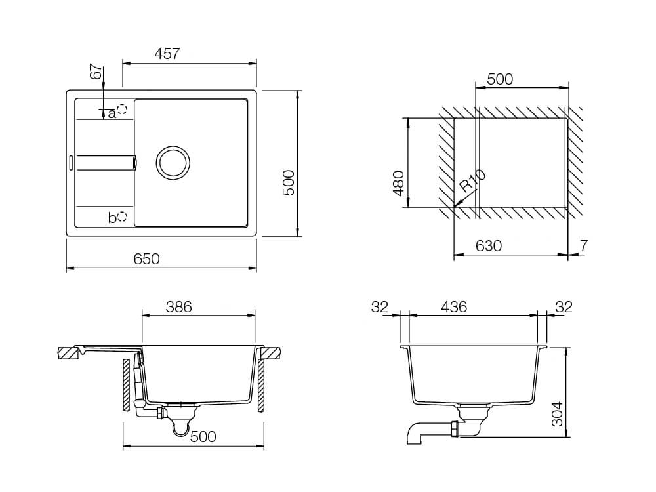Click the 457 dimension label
tap(167, 54)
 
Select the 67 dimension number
tap(96, 72)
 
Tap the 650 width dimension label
tap(147, 259)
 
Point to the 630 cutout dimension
tap(489, 246)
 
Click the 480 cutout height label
tap(398, 183)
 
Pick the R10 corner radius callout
tap(472, 182)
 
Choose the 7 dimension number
tap(584, 246)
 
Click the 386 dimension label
tap(178, 306)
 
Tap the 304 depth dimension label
tap(557, 414)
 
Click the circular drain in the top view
tap(173, 162)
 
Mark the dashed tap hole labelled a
tap(122, 108)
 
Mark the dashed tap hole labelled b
tap(122, 216)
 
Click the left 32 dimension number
tap(380, 306)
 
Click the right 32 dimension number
tap(564, 306)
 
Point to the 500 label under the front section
tap(203, 437)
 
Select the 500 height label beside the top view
tap(289, 183)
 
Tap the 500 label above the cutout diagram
tap(500, 80)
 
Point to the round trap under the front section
tap(178, 428)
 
